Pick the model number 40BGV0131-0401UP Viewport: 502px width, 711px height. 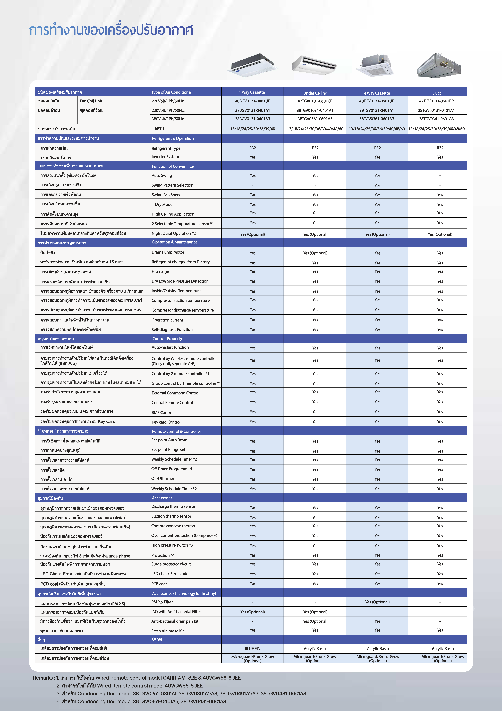[x=252, y=101]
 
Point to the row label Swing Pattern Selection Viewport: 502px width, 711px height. [x=172, y=185]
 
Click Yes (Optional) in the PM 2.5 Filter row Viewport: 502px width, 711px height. [x=377, y=602]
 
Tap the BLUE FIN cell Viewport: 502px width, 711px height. [x=252, y=648]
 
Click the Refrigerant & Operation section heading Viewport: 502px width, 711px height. [x=173, y=138]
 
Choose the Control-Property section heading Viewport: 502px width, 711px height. [x=167, y=339]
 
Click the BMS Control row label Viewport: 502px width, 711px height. [x=162, y=412]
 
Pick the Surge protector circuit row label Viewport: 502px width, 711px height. [x=171, y=564]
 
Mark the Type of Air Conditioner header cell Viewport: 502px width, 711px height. [x=172, y=92]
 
